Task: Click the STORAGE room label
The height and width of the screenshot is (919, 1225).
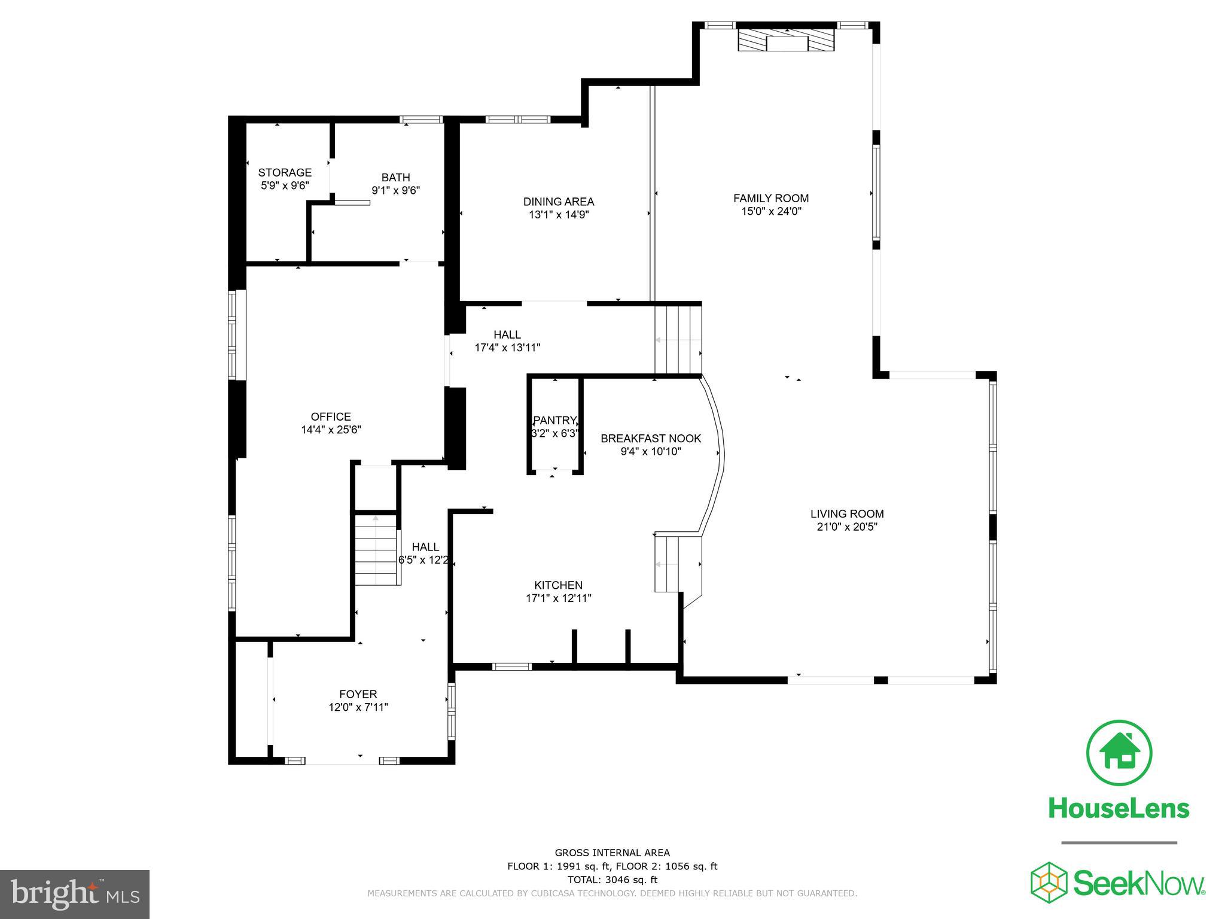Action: click(285, 173)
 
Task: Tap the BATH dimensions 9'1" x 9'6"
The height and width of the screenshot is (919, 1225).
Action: click(395, 191)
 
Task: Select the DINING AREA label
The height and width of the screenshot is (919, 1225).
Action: click(558, 202)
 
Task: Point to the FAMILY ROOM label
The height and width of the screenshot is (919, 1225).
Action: click(770, 198)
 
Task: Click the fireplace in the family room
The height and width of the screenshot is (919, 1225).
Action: click(786, 41)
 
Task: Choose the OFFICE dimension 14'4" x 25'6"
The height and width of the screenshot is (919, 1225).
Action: click(331, 430)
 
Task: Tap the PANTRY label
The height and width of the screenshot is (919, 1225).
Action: click(554, 420)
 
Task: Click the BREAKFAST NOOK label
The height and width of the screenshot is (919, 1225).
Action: click(650, 439)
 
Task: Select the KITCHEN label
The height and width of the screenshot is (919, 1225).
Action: click(557, 585)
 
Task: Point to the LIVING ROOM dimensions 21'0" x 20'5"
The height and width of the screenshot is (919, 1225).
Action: click(846, 527)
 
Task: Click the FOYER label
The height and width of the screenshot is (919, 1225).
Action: click(358, 694)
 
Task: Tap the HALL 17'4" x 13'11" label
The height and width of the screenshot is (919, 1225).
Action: click(507, 335)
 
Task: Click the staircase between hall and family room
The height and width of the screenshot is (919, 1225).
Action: click(678, 339)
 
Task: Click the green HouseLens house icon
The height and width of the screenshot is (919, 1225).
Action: click(1119, 753)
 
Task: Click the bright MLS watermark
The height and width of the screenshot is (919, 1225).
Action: click(74, 894)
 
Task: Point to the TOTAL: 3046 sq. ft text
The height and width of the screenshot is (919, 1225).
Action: click(612, 880)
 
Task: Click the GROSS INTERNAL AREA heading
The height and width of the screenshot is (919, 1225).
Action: click(612, 853)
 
